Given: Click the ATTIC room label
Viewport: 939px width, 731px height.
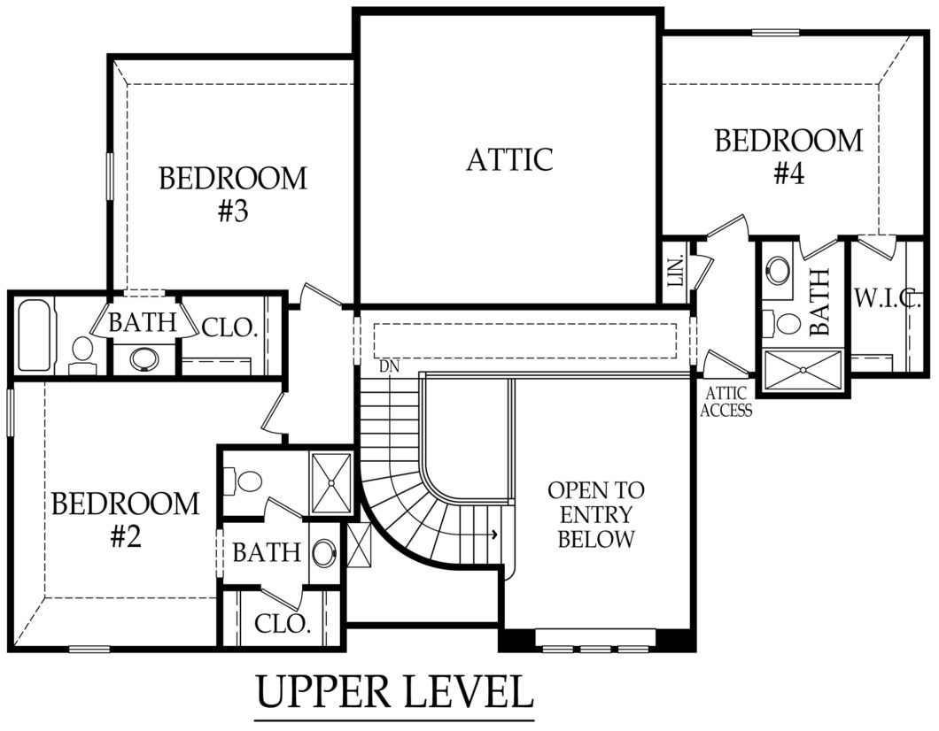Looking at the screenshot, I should click(509, 159).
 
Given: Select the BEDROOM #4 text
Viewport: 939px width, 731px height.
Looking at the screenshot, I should click(788, 156).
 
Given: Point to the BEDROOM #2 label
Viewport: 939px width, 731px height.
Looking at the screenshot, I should click(125, 519).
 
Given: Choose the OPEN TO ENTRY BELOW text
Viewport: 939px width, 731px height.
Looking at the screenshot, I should click(595, 514).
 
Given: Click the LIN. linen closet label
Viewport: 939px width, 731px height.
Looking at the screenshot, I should click(675, 270).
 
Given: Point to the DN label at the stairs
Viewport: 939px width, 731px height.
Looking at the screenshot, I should click(387, 365).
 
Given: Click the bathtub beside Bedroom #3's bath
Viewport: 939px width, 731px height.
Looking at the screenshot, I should click(36, 335).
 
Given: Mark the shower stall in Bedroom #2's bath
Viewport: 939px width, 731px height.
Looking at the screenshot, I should click(331, 483).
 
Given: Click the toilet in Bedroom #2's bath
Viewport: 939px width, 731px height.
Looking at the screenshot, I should click(246, 481).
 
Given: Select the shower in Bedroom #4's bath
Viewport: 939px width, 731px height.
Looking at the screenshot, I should click(802, 371).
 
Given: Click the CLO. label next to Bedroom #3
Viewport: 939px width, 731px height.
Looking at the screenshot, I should click(229, 328).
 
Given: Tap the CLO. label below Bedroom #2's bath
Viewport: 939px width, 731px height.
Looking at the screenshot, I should click(283, 623).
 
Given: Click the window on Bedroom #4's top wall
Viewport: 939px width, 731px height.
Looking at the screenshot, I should click(775, 34).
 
